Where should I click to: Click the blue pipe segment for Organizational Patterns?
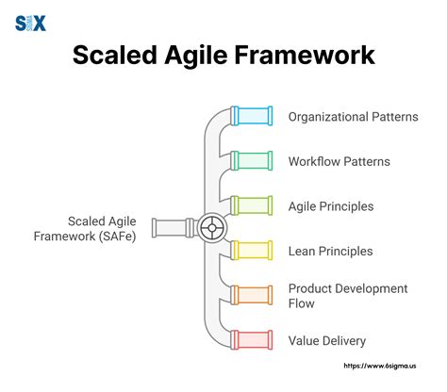(x=252, y=117)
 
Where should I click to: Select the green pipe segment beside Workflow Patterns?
(x=252, y=161)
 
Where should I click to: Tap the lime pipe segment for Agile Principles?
(x=252, y=205)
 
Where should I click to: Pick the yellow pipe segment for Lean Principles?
(x=252, y=251)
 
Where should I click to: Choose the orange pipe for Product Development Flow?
(x=252, y=295)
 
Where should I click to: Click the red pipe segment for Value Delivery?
(x=252, y=339)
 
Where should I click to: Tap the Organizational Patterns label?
(x=354, y=118)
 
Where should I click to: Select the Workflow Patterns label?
(x=339, y=161)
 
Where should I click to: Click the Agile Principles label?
(x=331, y=206)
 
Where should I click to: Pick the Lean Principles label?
(x=330, y=251)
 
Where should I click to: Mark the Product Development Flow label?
(x=348, y=295)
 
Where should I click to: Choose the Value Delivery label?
(x=327, y=340)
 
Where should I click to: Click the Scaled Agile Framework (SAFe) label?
(x=100, y=228)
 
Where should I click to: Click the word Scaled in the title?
(x=118, y=56)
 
